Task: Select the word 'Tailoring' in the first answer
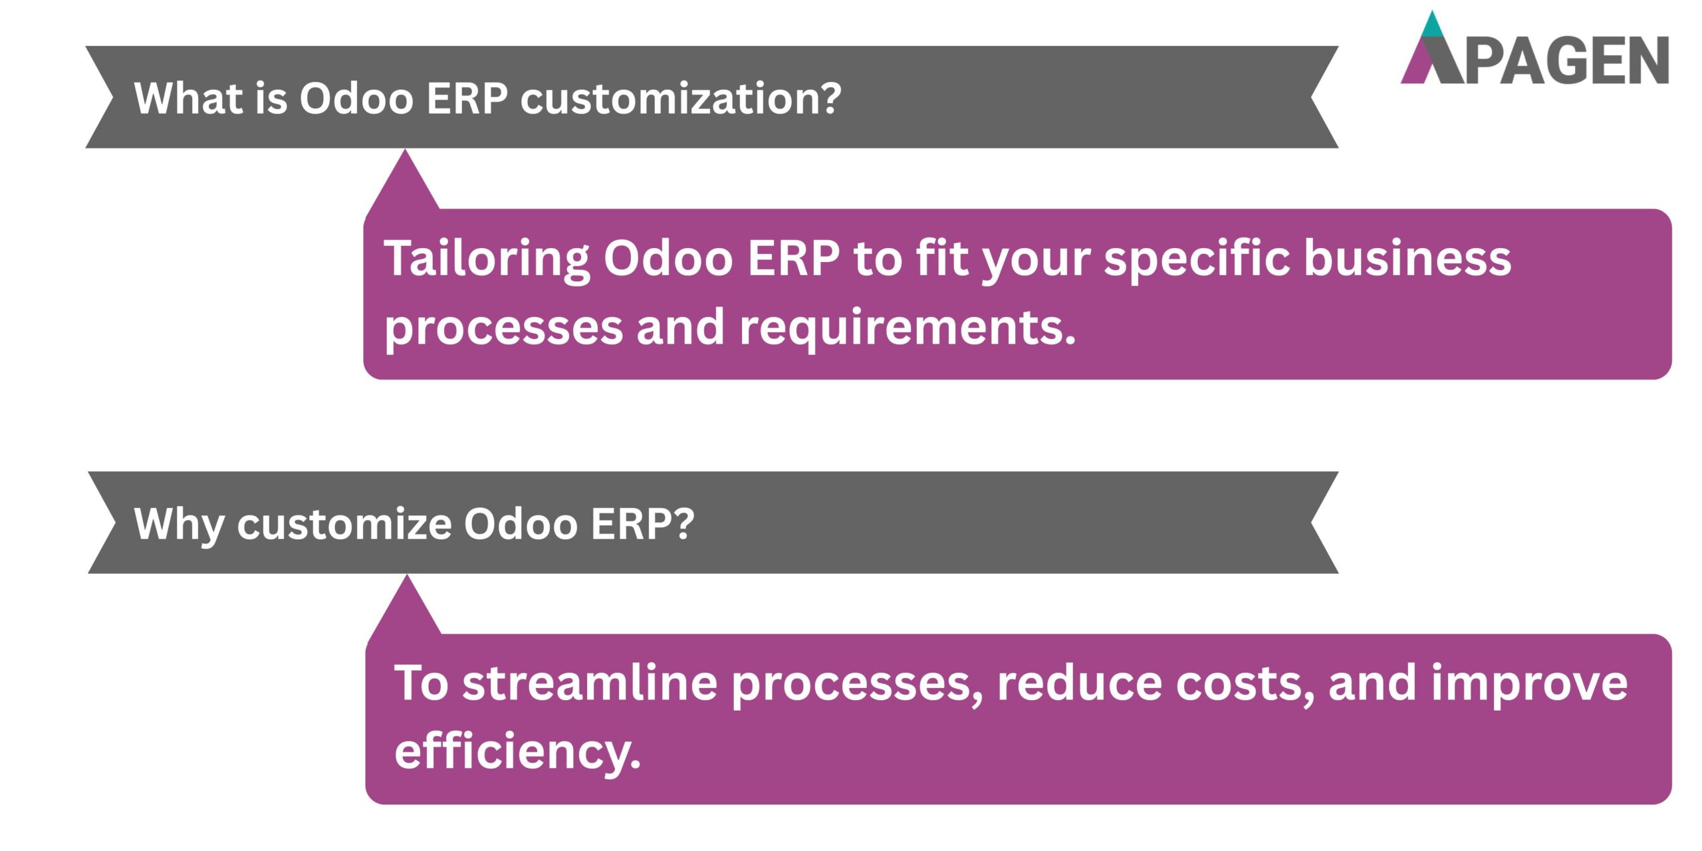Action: [x=486, y=259]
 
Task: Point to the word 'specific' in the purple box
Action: [x=1197, y=259]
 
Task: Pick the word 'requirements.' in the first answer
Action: [x=908, y=328]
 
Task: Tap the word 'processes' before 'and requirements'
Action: [x=503, y=328]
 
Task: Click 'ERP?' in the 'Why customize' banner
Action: [x=642, y=523]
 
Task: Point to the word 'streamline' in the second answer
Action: [x=590, y=683]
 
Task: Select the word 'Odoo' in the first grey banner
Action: [x=356, y=98]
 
